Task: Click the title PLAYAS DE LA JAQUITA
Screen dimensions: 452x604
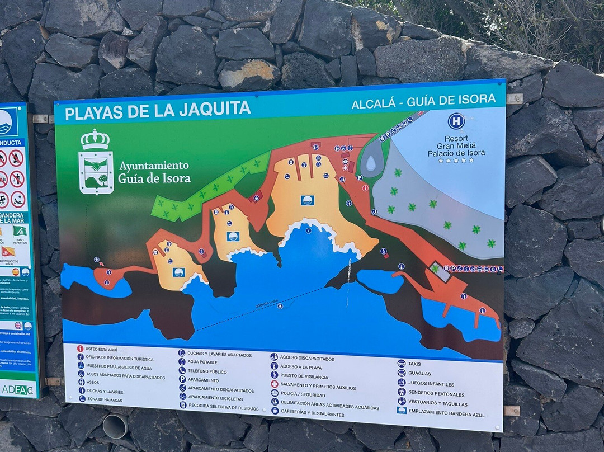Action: [158, 110]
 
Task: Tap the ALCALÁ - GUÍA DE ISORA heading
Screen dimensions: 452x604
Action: [423, 102]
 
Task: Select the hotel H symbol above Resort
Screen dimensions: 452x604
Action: [456, 121]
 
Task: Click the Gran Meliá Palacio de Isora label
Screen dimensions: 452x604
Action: [456, 145]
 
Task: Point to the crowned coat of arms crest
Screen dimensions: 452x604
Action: [96, 163]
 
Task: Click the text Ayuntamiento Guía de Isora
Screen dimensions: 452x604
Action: [154, 172]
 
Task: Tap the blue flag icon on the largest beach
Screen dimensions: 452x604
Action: [307, 200]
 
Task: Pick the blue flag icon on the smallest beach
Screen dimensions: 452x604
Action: [178, 272]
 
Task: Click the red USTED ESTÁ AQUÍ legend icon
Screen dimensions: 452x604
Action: [81, 349]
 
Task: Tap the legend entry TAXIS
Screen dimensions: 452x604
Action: [414, 364]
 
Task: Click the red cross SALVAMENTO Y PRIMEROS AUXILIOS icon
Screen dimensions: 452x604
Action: [275, 384]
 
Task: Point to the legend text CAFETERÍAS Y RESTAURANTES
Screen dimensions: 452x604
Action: [312, 415]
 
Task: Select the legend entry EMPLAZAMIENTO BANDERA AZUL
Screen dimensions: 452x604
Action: [446, 414]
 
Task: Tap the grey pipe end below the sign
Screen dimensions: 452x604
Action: [115, 426]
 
